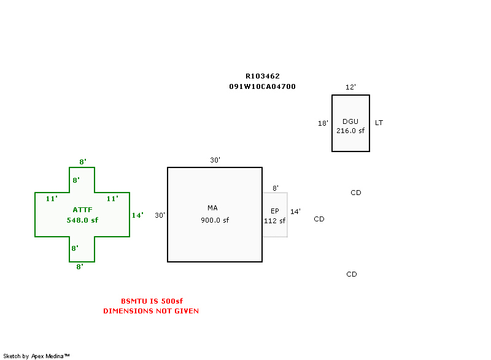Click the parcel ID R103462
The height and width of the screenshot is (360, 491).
point(263,76)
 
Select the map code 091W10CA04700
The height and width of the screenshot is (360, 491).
point(263,86)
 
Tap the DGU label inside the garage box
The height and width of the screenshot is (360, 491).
point(350,121)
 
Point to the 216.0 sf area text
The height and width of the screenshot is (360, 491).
point(350,130)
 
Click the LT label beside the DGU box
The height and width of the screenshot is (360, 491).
point(379,123)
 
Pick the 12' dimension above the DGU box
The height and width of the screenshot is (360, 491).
point(350,87)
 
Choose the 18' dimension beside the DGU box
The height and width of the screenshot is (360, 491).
point(323,123)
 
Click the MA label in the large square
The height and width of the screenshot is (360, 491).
point(213,208)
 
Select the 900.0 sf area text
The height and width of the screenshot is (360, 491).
point(215,220)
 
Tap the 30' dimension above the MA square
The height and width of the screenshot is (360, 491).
point(215,160)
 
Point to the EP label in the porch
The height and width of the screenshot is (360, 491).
point(275,211)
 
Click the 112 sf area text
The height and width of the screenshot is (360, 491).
point(275,221)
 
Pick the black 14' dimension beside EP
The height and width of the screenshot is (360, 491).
point(295,212)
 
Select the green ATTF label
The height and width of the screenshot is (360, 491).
point(82,210)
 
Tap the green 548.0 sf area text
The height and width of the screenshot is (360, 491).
point(82,220)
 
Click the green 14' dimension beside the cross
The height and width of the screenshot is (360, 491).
point(137,215)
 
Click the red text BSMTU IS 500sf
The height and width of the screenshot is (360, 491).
point(152,301)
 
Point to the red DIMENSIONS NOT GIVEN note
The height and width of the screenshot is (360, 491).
point(151,311)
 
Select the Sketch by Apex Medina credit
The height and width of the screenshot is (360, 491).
point(36,356)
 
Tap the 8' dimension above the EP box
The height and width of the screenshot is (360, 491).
point(276,188)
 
